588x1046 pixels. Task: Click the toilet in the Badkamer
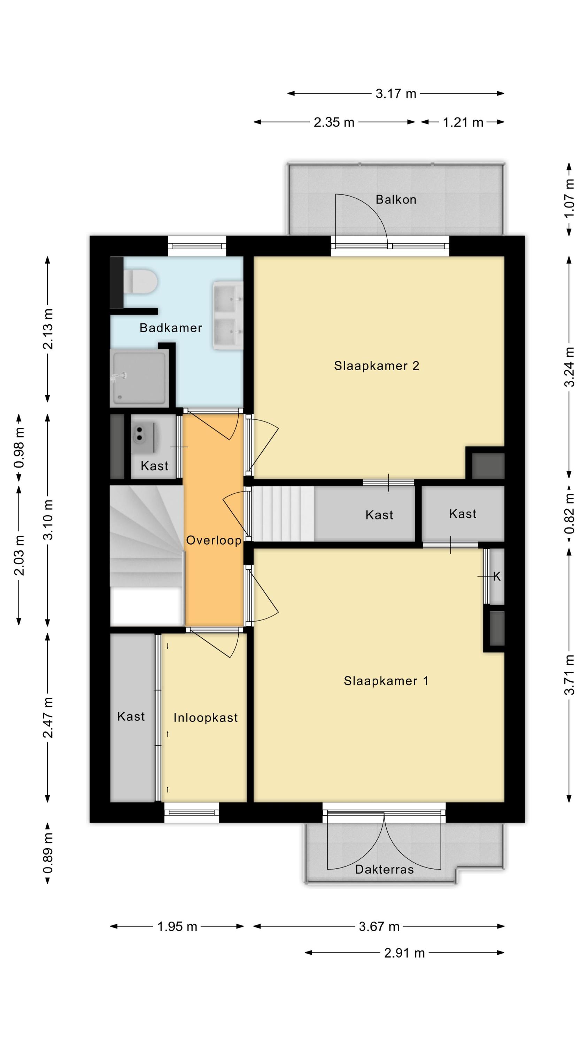point(140,281)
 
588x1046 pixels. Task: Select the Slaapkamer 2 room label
point(377,366)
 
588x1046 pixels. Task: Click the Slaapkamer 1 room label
point(386,681)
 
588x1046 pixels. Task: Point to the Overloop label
point(214,540)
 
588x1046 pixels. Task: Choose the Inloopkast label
point(205,718)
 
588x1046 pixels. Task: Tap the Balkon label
point(396,200)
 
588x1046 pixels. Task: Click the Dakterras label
point(384,869)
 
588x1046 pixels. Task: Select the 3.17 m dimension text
point(396,94)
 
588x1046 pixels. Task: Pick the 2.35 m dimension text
point(334,122)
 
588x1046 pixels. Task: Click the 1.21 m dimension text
point(463,122)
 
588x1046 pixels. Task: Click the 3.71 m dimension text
point(570,675)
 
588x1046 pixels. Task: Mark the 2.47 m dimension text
point(48,718)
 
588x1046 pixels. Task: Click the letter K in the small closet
point(497,576)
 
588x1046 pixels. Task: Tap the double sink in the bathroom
point(228,315)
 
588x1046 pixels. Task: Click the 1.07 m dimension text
point(570,198)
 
